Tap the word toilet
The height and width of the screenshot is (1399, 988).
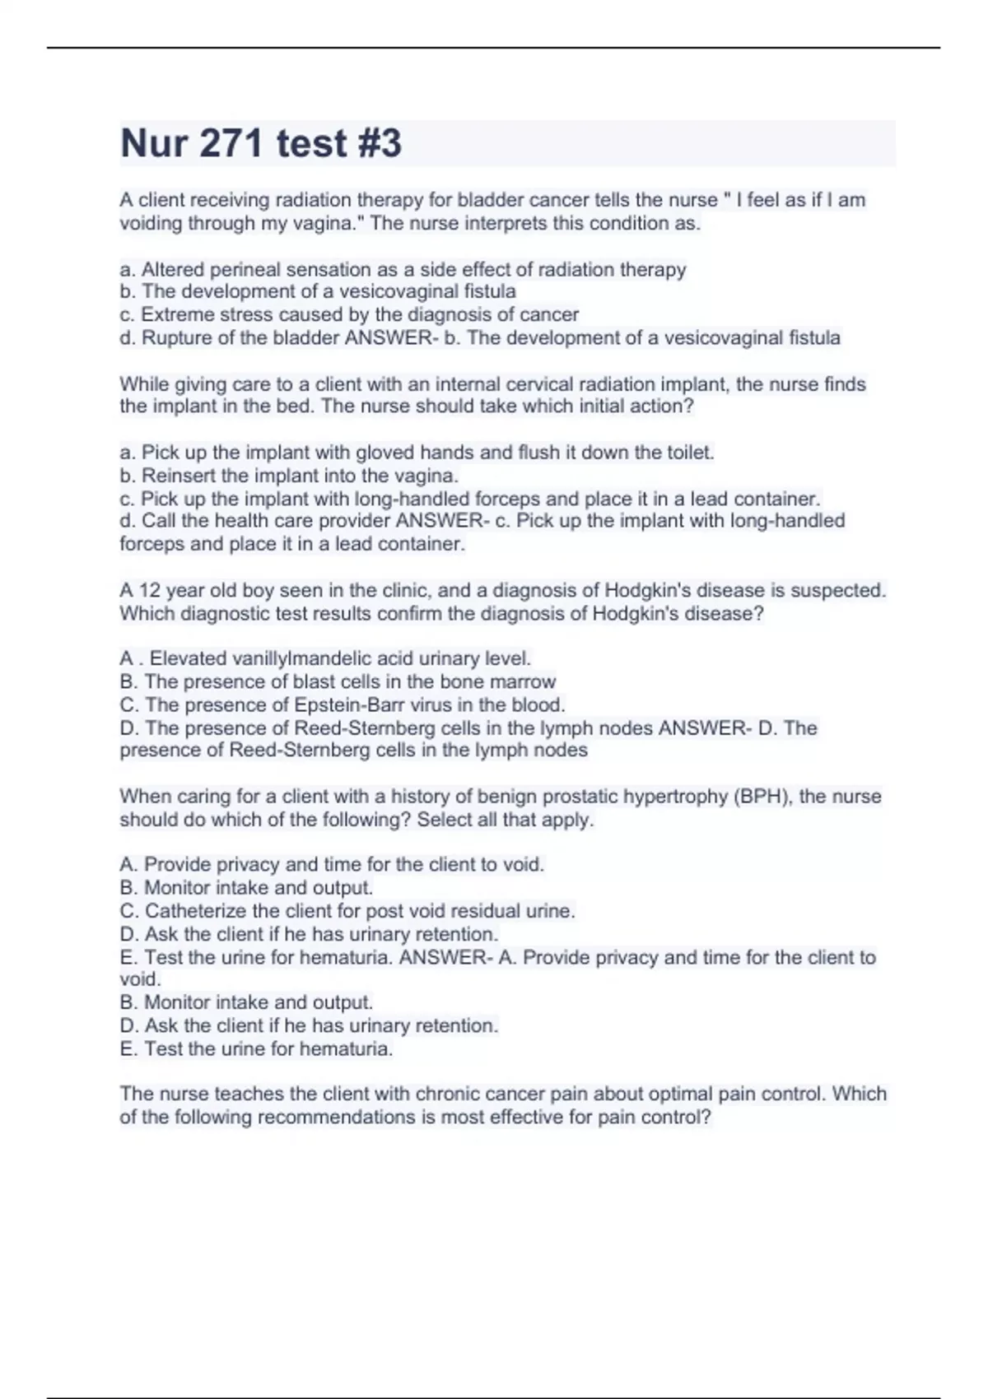(691, 453)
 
